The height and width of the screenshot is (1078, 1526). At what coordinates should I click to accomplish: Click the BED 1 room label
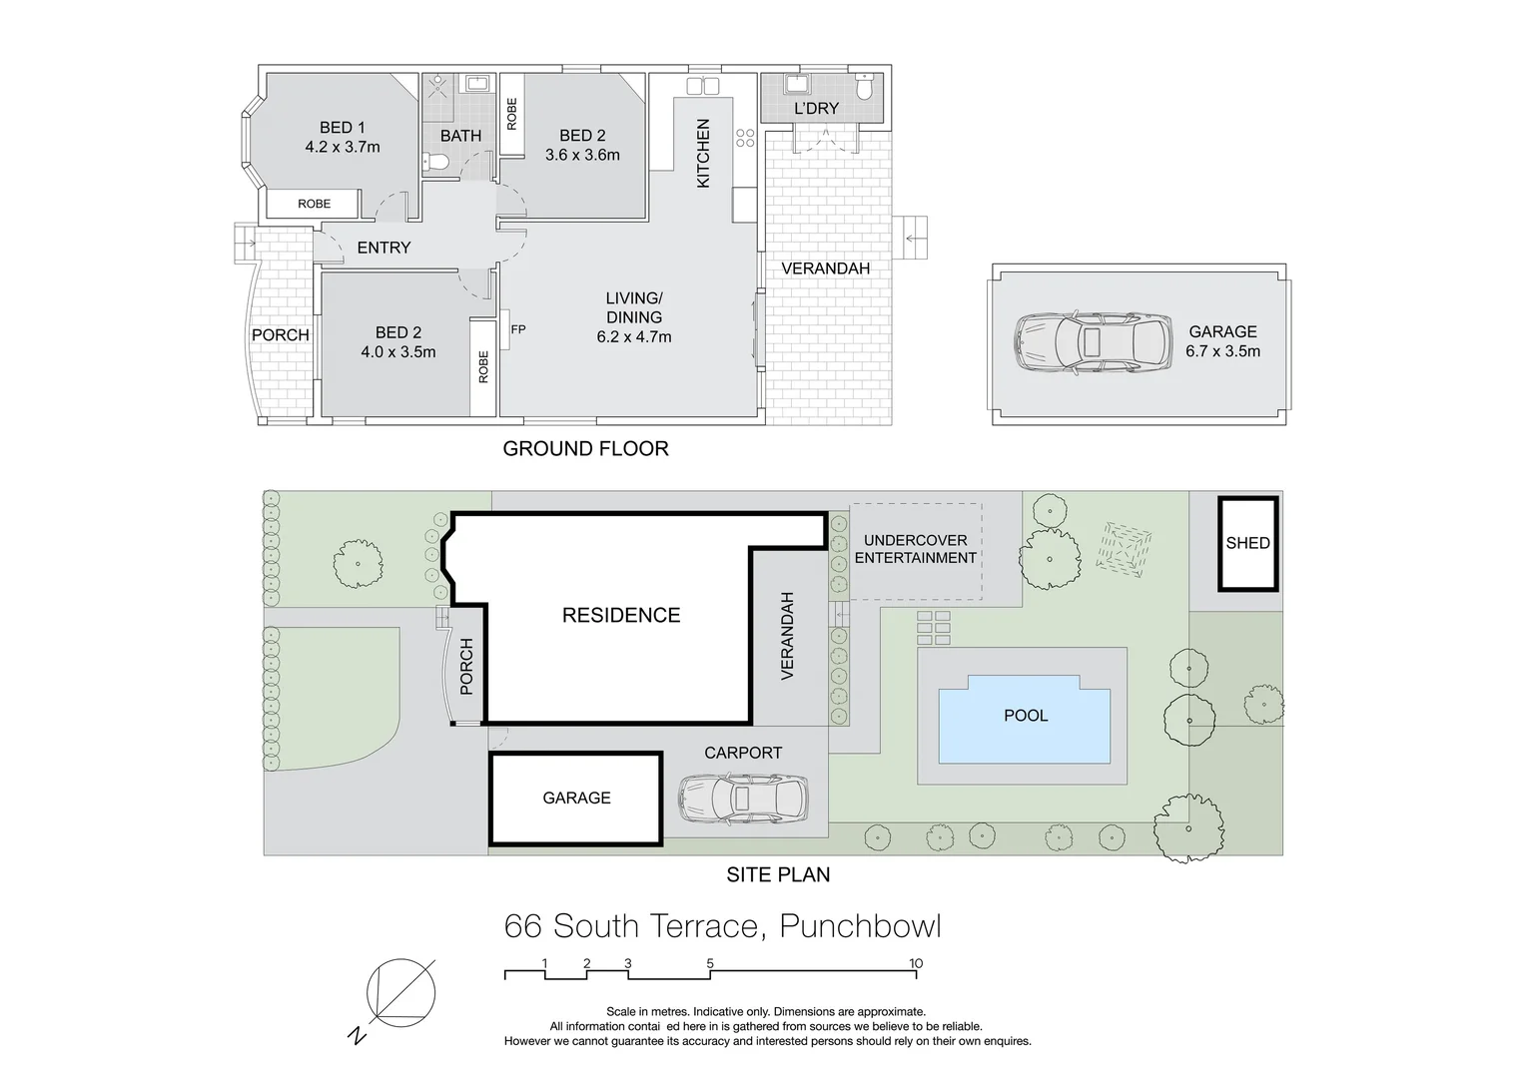pos(343,128)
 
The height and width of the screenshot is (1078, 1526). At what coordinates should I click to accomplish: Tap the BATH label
pos(460,136)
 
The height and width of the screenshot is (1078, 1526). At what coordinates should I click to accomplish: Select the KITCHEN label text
pos(703,154)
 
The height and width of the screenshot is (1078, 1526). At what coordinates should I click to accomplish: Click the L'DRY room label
pos(816,108)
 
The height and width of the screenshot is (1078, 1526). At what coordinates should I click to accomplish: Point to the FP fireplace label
pos(517,329)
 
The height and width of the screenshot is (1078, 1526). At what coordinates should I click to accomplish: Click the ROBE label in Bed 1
pos(314,204)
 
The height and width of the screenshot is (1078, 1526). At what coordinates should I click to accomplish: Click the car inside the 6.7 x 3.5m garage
pos(1091,343)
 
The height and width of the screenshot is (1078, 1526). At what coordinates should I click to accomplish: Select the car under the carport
pos(743,798)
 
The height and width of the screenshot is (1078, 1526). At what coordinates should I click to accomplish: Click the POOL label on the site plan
pos(1026,716)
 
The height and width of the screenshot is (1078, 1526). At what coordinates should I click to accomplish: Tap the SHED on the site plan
pos(1247,543)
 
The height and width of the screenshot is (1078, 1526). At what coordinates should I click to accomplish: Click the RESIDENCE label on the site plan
pos(621,616)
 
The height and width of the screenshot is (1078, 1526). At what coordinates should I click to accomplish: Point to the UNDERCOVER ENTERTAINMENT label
pos(915,549)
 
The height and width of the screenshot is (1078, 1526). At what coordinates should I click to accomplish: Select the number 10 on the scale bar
pos(916,963)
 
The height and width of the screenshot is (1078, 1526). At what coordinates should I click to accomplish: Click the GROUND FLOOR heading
pos(585,449)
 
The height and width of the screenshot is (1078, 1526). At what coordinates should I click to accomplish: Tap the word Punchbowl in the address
pos(860,926)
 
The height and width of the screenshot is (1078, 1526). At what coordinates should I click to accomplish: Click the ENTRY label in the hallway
pos(383,248)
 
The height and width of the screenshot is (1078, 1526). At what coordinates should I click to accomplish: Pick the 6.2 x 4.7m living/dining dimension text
pos(634,336)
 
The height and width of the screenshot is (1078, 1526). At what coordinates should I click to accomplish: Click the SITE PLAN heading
pos(778,875)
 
